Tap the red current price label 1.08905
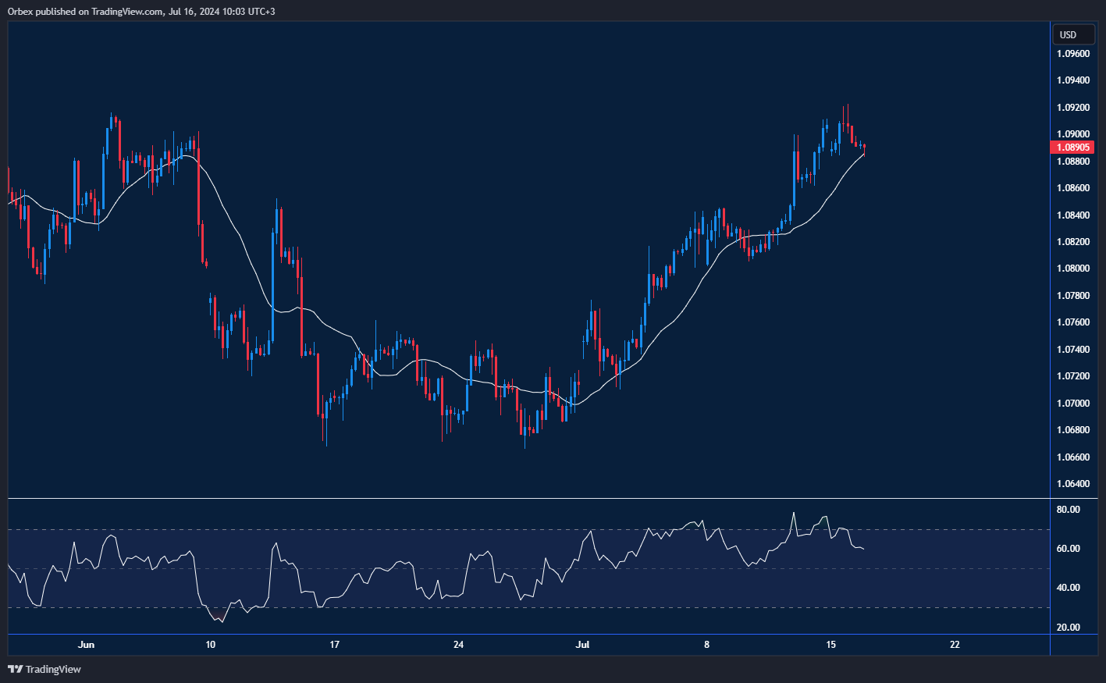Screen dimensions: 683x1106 (x=1073, y=148)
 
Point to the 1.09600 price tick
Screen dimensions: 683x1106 (x=1073, y=54)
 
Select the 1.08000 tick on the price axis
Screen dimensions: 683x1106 (x=1073, y=269)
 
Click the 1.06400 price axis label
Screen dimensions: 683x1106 (x=1073, y=484)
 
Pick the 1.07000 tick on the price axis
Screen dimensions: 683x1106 (x=1073, y=404)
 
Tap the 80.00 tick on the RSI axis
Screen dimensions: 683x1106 (x=1068, y=510)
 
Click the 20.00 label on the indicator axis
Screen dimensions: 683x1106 (x=1068, y=628)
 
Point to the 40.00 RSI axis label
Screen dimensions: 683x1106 (x=1068, y=588)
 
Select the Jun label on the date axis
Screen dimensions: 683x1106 (x=87, y=645)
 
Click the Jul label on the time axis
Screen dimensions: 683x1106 (x=582, y=645)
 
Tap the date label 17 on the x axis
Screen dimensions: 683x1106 (x=334, y=645)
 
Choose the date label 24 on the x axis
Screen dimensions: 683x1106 (x=458, y=645)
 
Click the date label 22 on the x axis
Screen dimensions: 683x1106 (x=955, y=645)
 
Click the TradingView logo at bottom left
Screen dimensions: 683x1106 (x=44, y=669)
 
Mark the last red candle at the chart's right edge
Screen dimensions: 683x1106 (x=864, y=147)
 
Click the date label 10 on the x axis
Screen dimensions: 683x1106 (x=210, y=645)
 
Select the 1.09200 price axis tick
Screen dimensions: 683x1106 (x=1073, y=108)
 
